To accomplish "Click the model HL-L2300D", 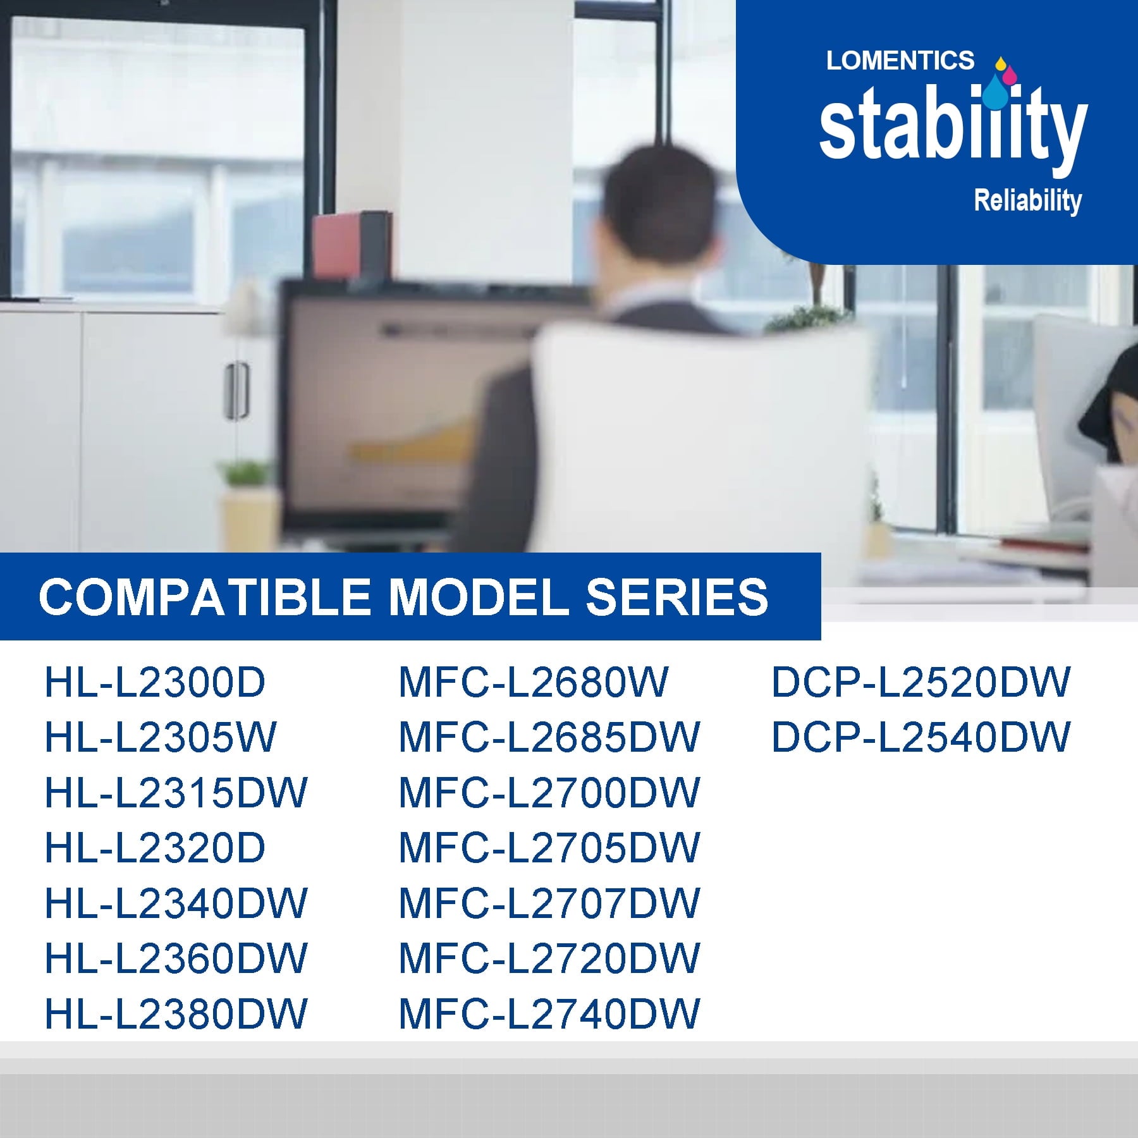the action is tap(155, 682).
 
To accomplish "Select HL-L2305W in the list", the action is tap(161, 737).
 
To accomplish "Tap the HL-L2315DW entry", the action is tap(176, 793).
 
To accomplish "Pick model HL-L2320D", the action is tap(155, 848).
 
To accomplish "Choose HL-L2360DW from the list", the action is tap(176, 958).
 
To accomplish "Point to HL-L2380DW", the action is tap(176, 1014).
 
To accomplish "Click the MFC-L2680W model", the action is tap(533, 682).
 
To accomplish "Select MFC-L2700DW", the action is tap(549, 793).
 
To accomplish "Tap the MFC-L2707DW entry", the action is tap(549, 903).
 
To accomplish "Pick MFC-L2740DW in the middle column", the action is tap(549, 1014).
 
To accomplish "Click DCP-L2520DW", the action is tap(921, 682).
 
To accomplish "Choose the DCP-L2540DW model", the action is tap(921, 737).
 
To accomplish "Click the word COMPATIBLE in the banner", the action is tap(204, 597).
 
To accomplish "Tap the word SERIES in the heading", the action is tap(677, 597).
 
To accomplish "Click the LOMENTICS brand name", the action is tap(900, 61).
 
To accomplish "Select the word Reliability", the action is tap(1028, 201).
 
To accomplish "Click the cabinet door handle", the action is tap(236, 390).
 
